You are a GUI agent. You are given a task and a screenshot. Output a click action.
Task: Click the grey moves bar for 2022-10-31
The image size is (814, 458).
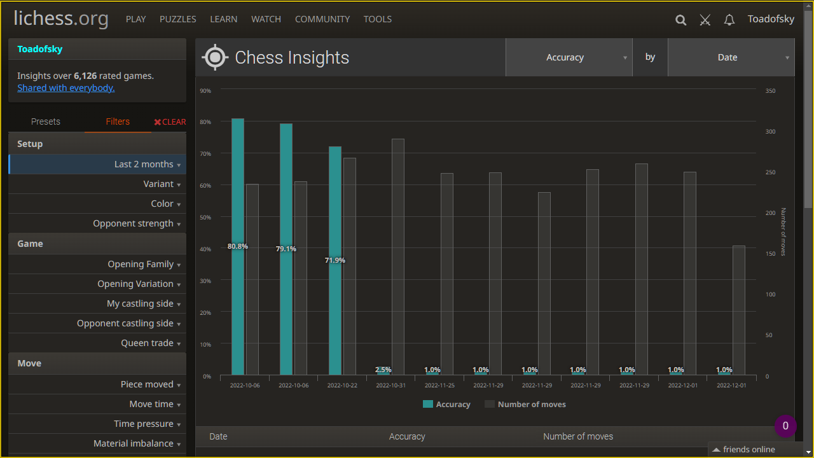pos(398,254)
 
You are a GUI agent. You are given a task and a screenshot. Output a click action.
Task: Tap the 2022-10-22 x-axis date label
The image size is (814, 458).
pos(341,385)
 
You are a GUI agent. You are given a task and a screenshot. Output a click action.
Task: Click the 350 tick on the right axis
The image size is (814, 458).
pos(770,91)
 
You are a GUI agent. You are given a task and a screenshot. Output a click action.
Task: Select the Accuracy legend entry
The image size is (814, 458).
pos(446,404)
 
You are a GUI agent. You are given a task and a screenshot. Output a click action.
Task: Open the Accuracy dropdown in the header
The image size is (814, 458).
pos(569,57)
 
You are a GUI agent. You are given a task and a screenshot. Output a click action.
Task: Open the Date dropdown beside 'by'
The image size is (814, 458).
pos(731,57)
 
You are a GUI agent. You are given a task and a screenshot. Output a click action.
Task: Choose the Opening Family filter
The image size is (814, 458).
pos(141,264)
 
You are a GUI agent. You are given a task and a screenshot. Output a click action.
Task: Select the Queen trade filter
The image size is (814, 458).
pos(148,343)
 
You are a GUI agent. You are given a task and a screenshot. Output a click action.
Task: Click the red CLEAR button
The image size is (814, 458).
pos(170,121)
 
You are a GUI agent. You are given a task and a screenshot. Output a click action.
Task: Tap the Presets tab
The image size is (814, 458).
pos(46,121)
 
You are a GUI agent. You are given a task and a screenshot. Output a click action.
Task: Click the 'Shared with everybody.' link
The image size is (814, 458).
pos(66,88)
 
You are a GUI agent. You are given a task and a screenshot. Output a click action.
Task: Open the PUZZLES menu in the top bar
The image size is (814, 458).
pos(177,19)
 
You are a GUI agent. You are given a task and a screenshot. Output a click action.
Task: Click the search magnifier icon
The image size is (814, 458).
pos(680,20)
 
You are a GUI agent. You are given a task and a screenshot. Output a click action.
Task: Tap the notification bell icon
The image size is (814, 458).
pos(729,20)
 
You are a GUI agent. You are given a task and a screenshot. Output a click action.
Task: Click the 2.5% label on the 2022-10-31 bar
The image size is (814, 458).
pos(383,370)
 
